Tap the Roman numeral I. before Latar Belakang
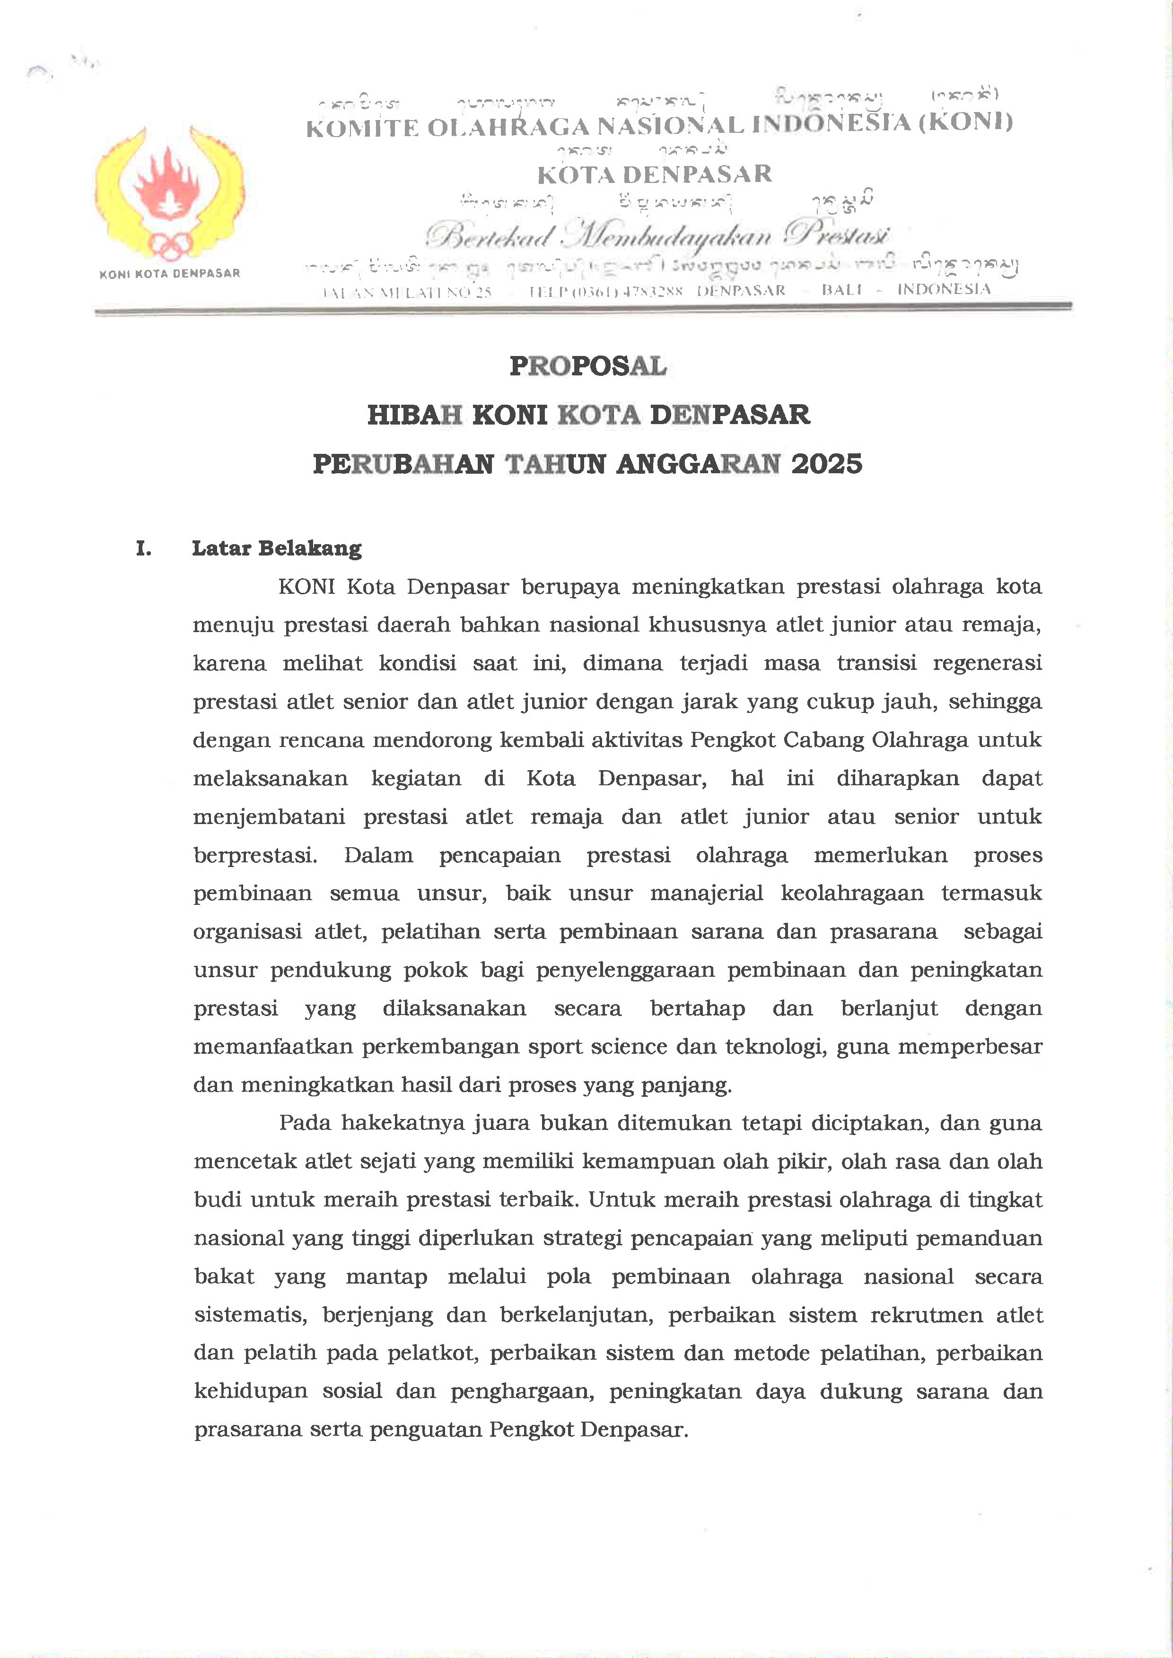click(x=144, y=549)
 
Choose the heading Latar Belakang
click(x=277, y=549)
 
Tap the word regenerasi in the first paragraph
click(x=988, y=663)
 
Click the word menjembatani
click(x=269, y=817)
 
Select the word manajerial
click(x=706, y=893)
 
